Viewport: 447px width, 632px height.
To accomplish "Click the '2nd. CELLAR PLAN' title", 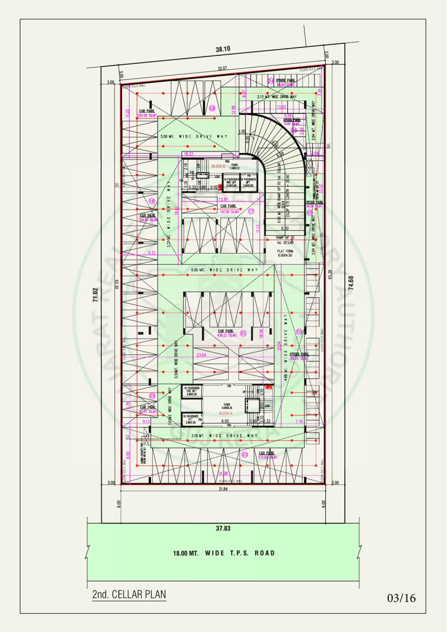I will point(129,594).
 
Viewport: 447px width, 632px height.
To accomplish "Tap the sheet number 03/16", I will point(401,598).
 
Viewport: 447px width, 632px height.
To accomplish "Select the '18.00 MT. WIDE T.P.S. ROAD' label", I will point(223,553).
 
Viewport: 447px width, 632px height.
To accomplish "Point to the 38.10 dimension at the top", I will point(223,49).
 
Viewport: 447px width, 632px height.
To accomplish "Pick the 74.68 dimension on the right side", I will point(350,279).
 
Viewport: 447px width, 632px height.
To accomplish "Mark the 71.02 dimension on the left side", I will point(95,295).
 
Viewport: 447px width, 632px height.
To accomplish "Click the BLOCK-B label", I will point(218,167).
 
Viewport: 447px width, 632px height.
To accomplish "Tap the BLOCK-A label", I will point(226,413).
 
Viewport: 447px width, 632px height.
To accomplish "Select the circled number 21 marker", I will point(243,333).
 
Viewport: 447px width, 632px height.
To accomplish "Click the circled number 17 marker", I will point(251,211).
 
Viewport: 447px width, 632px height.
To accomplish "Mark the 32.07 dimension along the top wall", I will point(223,69).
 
